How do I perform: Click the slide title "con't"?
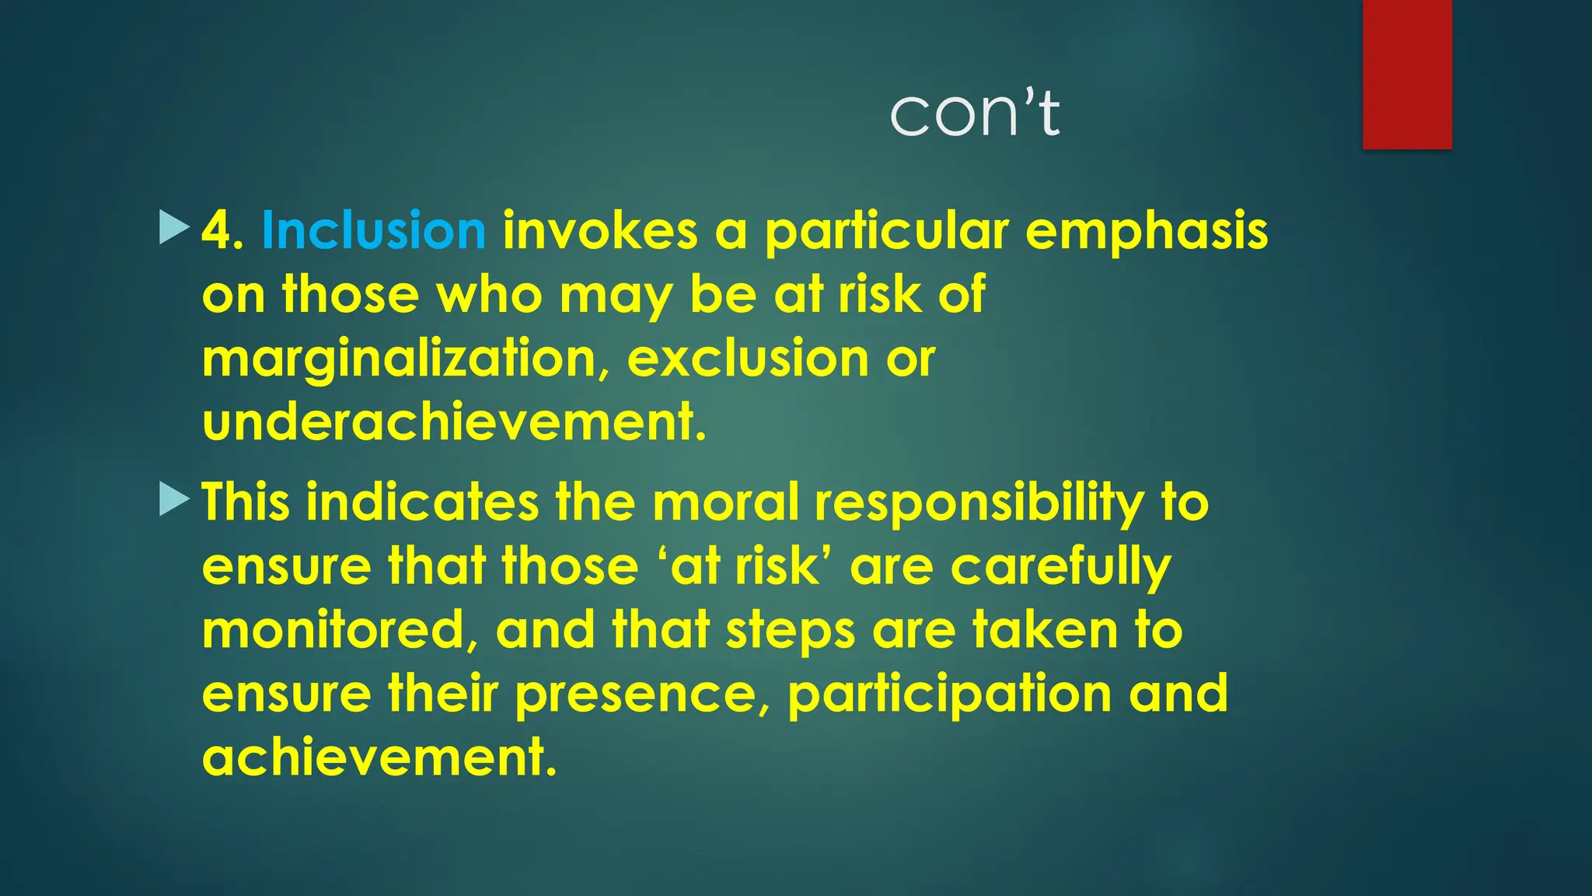point(975,114)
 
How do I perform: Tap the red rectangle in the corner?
point(1407,74)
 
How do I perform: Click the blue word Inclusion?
point(373,231)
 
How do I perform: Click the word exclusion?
point(748,359)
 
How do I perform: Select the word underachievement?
point(454,422)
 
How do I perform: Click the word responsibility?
point(979,503)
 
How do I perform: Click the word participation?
point(949,695)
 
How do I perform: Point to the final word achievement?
point(379,757)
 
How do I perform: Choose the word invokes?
point(600,231)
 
